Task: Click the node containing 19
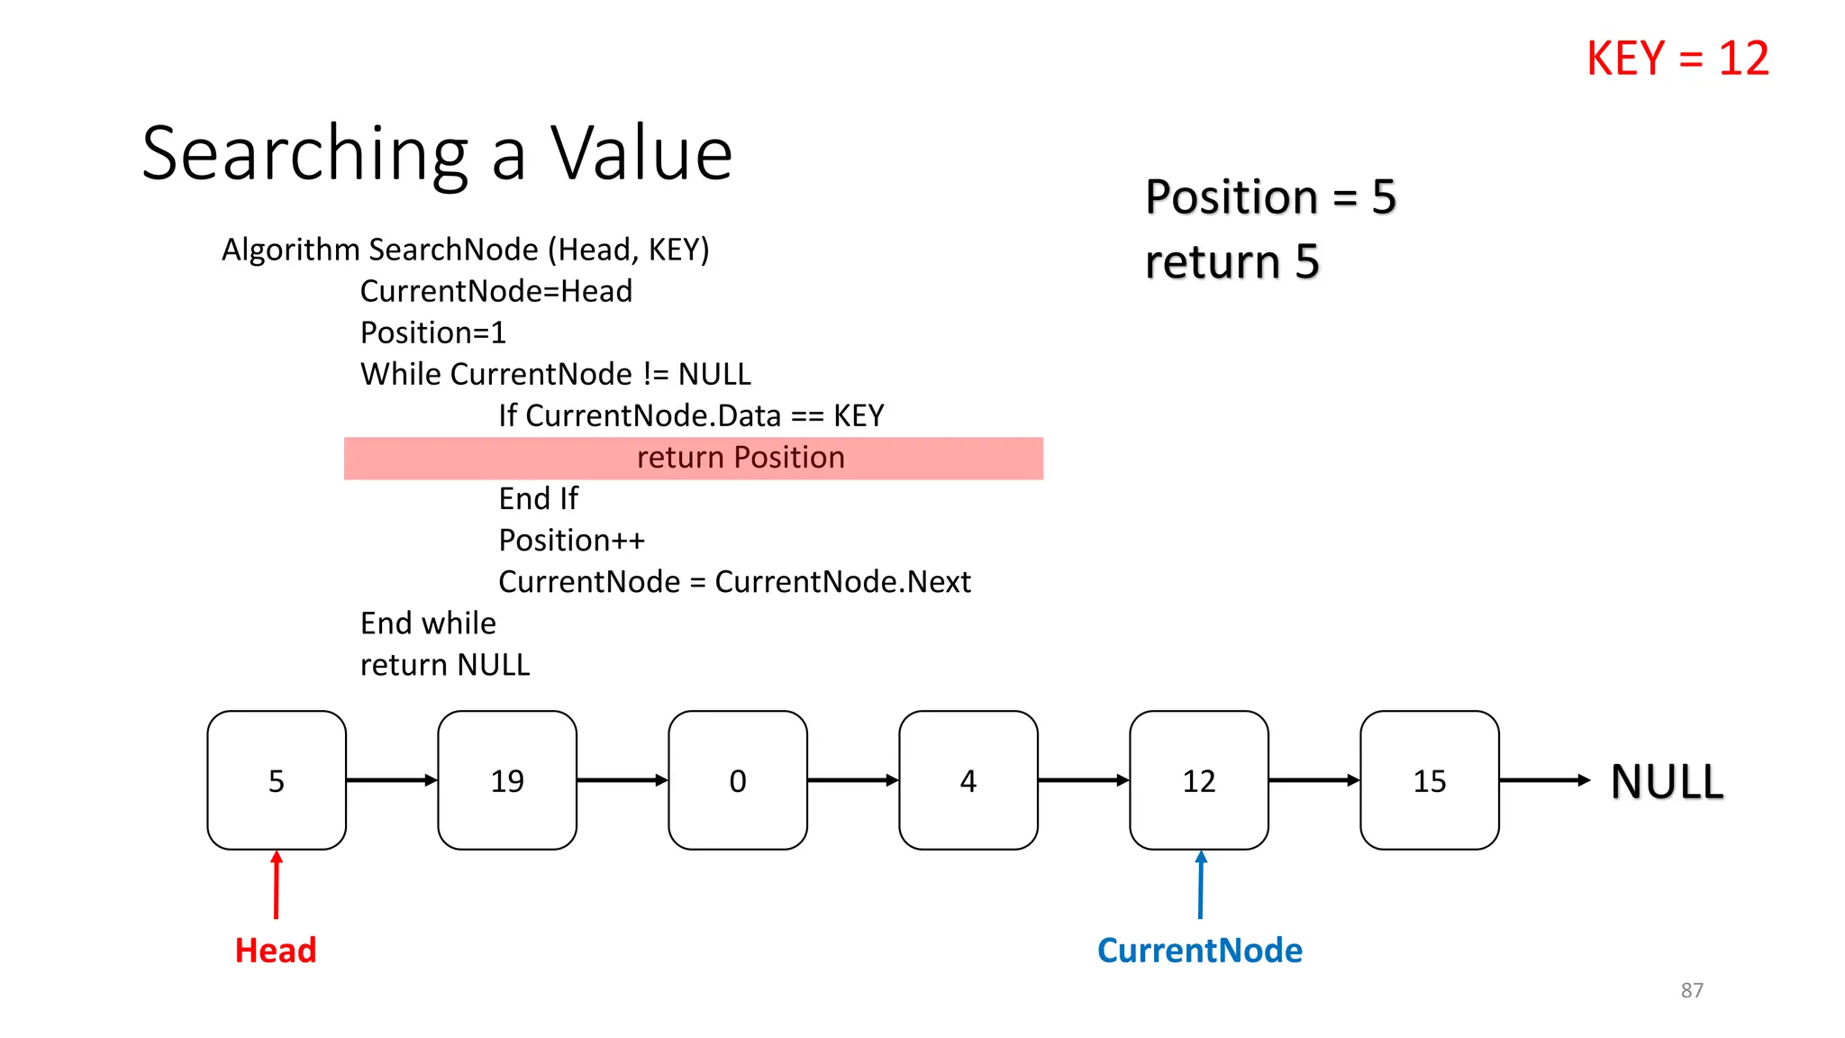point(507,780)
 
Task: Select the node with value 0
point(738,780)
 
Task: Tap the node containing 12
point(1199,780)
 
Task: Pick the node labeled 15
point(1430,780)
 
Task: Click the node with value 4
point(968,780)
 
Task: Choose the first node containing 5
point(277,780)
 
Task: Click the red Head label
point(276,951)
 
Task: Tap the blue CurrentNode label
point(1199,951)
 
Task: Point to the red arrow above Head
point(277,886)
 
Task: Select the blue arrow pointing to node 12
point(1200,886)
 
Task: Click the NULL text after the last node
point(1667,781)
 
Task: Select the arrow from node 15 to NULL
point(1544,780)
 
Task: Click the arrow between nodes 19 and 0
point(622,780)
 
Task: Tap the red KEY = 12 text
point(1677,59)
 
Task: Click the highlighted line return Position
point(741,458)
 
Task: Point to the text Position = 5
point(1270,196)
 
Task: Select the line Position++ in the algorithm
point(572,541)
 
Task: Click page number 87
point(1692,990)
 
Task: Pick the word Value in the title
point(641,153)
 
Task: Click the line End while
point(428,624)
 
